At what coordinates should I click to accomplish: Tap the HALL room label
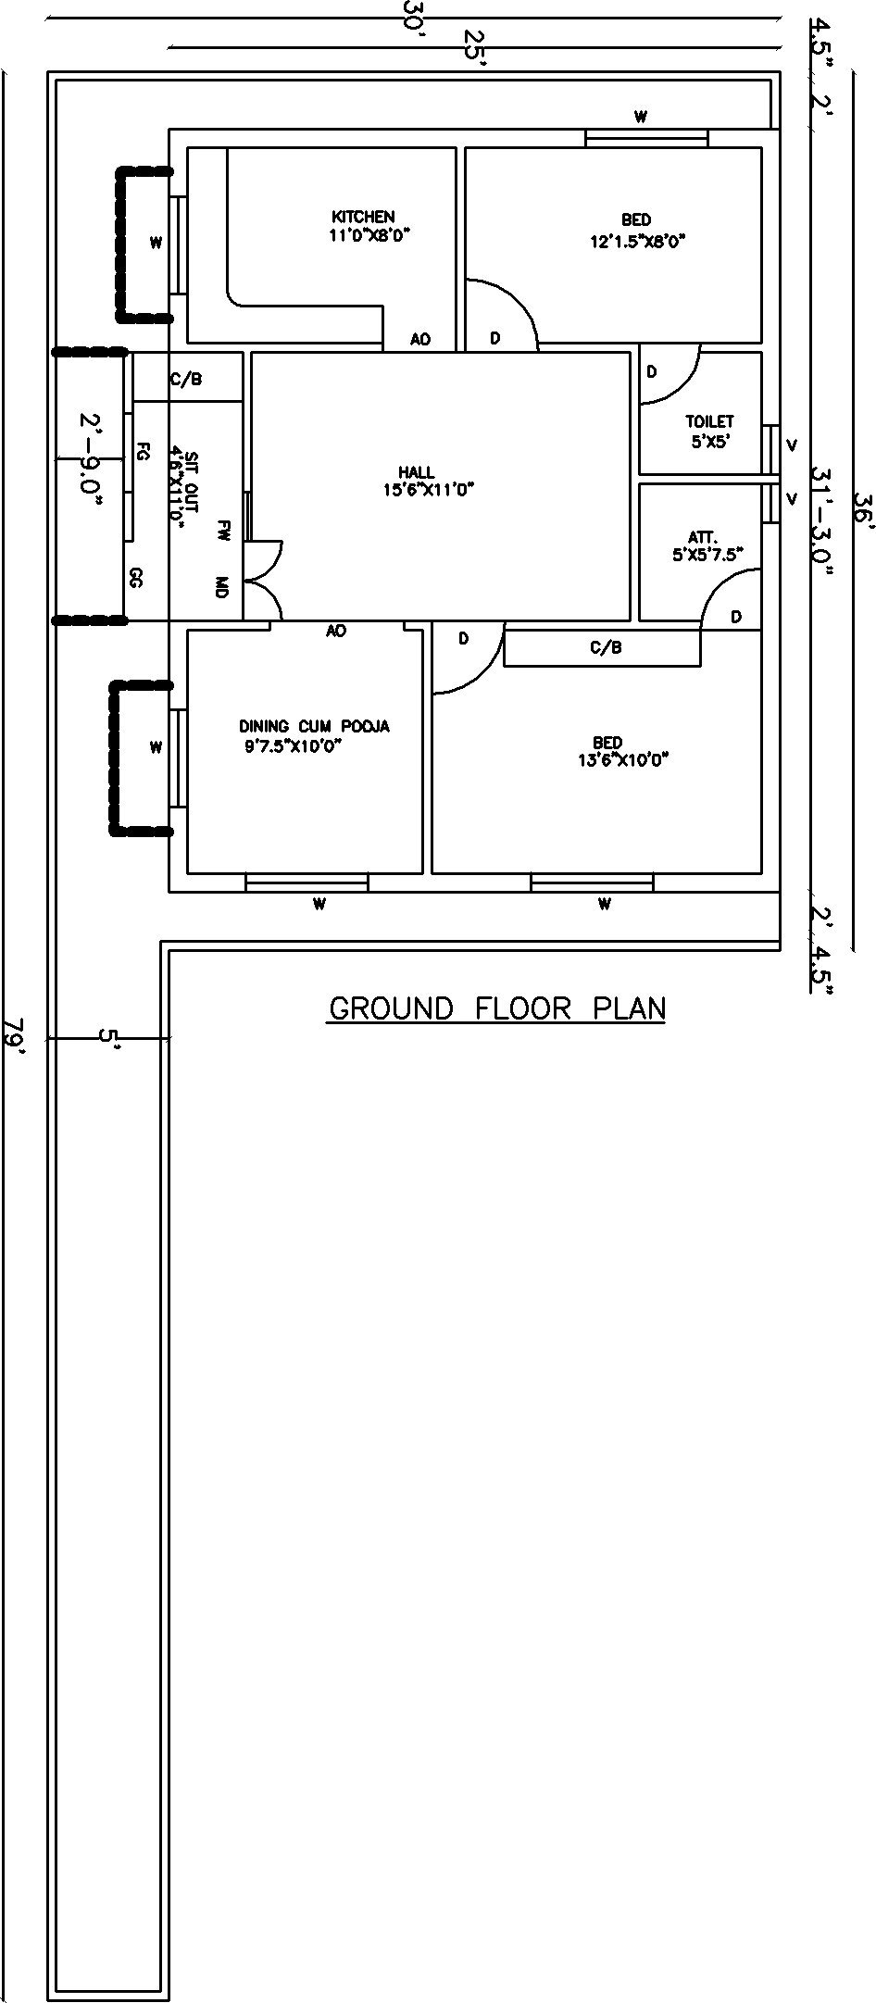417,472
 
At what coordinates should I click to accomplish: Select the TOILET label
709,421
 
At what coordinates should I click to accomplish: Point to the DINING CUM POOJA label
314,726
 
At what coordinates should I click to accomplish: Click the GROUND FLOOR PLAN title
497,1008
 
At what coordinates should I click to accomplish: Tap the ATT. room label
697,536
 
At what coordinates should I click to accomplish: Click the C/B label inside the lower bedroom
606,648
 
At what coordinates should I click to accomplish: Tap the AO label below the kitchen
420,340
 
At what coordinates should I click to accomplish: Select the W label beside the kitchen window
156,244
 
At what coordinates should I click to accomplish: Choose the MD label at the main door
221,586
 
